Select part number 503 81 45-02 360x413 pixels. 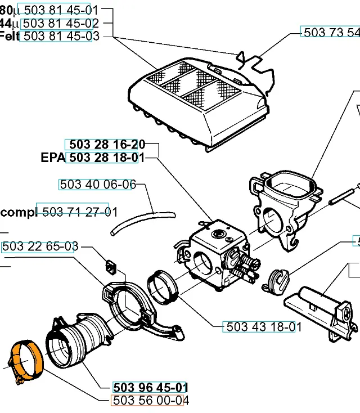coord(61,23)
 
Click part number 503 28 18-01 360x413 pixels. coord(102,158)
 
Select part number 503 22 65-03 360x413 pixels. coord(40,247)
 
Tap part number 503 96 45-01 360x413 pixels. coord(150,388)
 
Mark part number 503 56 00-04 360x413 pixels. coord(150,401)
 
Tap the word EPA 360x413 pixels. coord(53,158)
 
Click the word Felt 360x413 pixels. coord(10,37)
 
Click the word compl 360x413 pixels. coord(19,212)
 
